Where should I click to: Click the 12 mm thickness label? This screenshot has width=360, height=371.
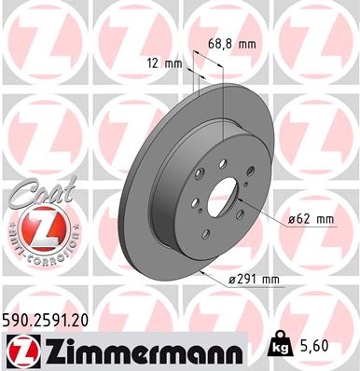point(164,63)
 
